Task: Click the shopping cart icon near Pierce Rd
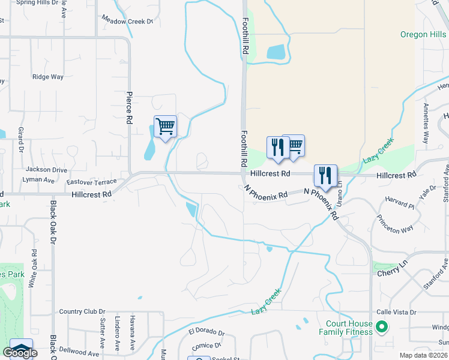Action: click(165, 127)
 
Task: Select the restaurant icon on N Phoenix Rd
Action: click(325, 176)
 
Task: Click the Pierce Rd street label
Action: click(129, 107)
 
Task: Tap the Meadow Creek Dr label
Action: click(127, 21)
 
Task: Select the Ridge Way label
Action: click(48, 77)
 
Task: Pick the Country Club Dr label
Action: click(82, 312)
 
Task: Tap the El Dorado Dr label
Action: click(206, 331)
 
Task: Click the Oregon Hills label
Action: click(423, 34)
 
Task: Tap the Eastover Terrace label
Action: click(91, 181)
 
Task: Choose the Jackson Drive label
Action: click(46, 170)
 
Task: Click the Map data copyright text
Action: click(424, 355)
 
